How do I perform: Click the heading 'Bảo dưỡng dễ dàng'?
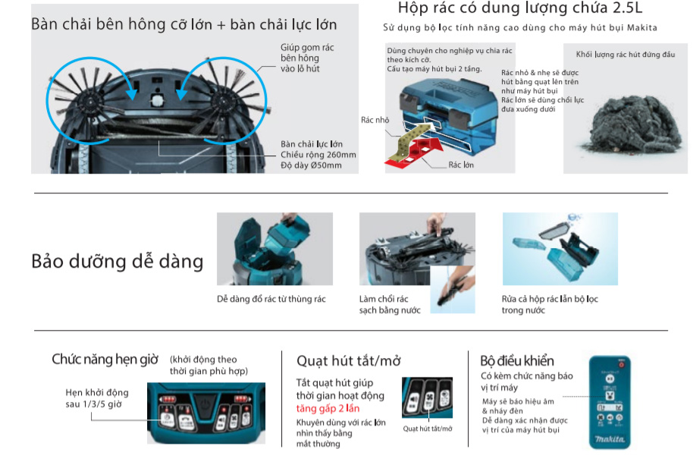[x=118, y=262]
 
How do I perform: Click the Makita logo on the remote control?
[x=610, y=438]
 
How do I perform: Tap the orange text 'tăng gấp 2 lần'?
[x=328, y=409]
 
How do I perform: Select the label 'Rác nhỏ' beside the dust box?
[x=375, y=120]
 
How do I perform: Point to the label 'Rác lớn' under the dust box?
[x=461, y=165]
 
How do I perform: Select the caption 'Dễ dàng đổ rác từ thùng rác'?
[x=271, y=299]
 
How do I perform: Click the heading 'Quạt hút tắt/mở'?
[x=347, y=360]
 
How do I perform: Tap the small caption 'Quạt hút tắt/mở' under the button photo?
[x=427, y=429]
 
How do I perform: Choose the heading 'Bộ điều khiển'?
[x=517, y=360]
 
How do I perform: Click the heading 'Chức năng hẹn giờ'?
[x=105, y=360]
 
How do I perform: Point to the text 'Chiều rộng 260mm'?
[x=318, y=155]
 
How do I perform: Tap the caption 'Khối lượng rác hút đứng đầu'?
[x=625, y=55]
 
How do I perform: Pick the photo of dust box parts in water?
[x=560, y=248]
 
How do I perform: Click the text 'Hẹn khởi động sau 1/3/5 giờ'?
[x=97, y=398]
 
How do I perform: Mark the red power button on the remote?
[x=623, y=364]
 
